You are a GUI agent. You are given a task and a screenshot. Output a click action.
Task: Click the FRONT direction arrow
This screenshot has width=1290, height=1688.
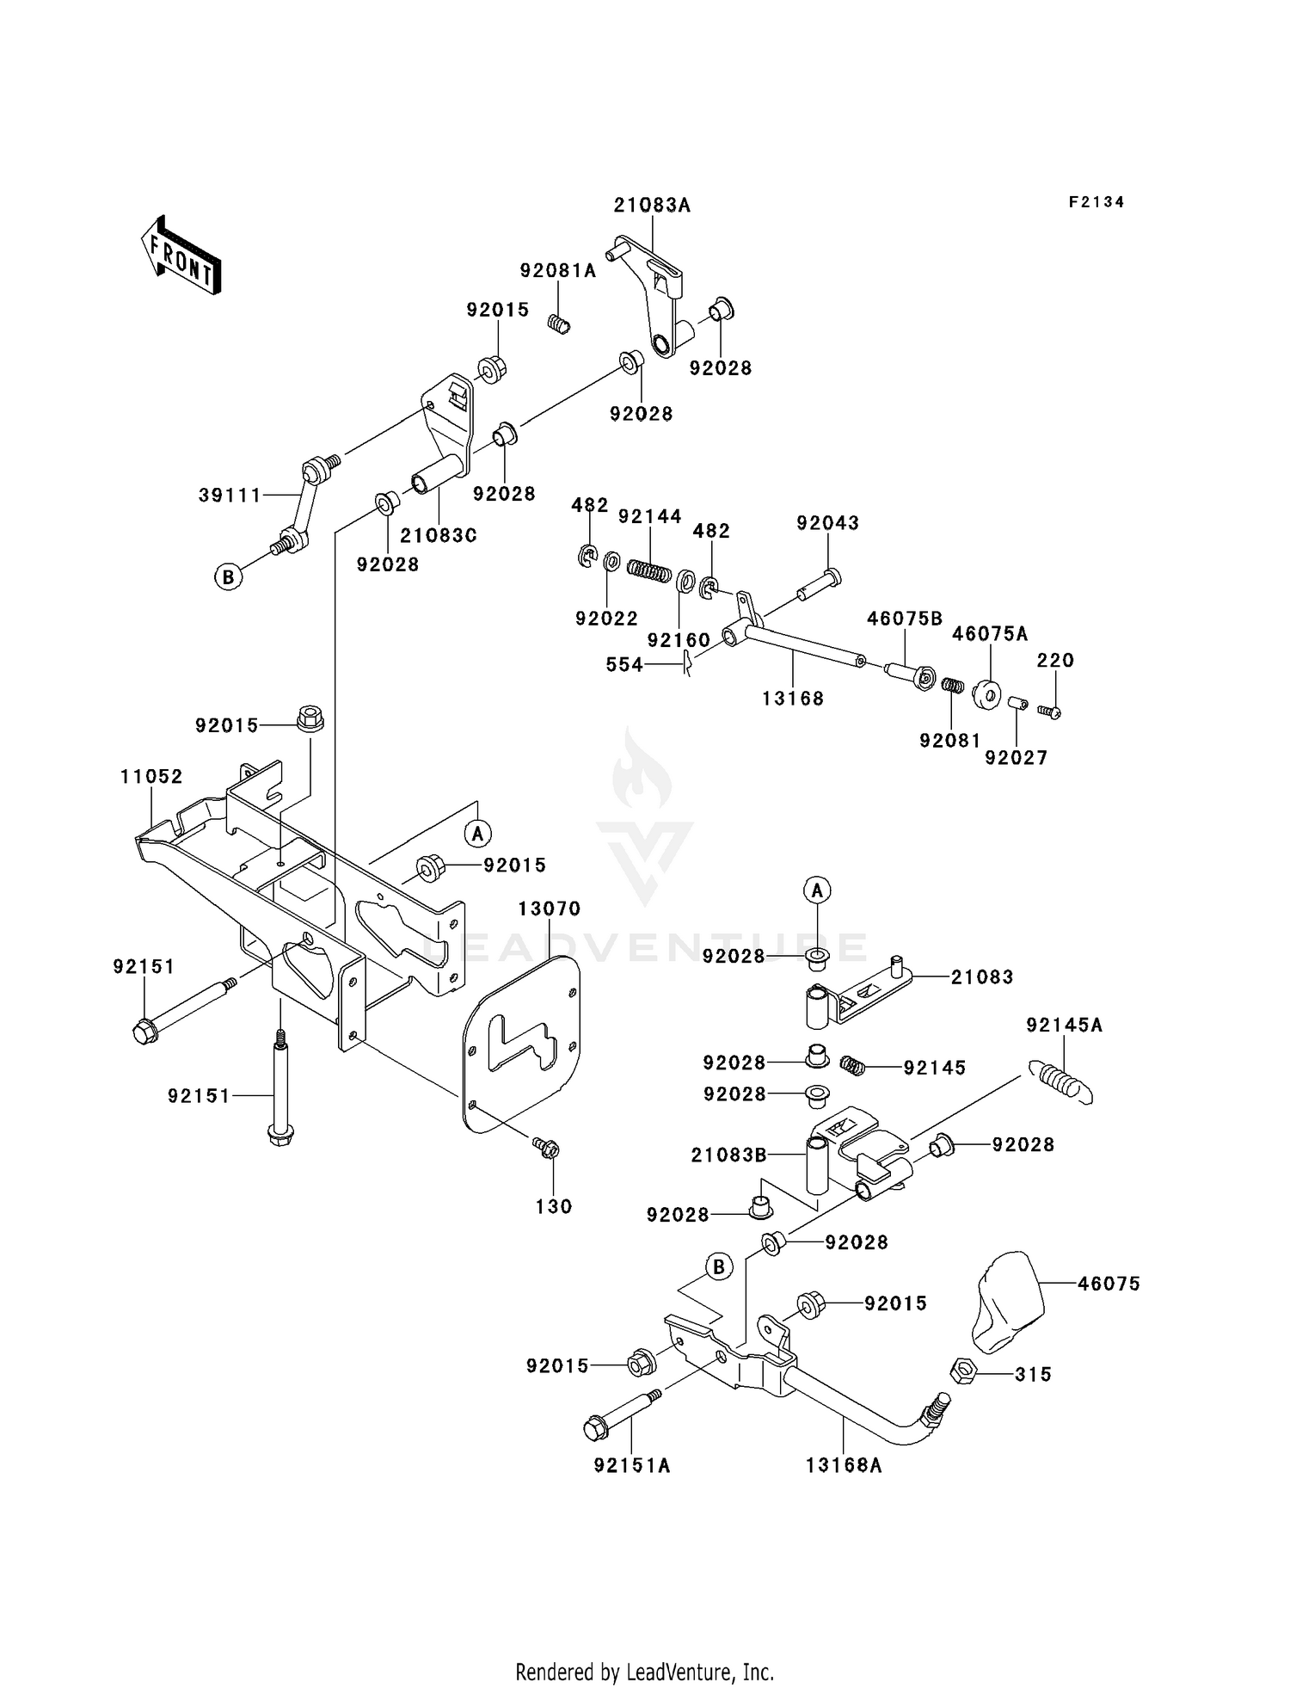(x=181, y=256)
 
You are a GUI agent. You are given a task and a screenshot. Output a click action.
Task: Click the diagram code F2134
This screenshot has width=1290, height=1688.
(x=1096, y=202)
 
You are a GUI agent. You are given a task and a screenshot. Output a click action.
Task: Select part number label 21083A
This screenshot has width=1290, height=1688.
(x=652, y=206)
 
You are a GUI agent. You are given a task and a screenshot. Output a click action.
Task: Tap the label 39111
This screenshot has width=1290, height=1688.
(x=230, y=496)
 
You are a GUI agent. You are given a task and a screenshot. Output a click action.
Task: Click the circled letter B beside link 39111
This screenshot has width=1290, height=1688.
(x=227, y=576)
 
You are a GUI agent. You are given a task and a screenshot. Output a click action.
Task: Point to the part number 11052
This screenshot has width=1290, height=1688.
(x=151, y=777)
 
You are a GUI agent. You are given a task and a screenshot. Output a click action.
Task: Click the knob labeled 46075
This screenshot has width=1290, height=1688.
(x=1008, y=1303)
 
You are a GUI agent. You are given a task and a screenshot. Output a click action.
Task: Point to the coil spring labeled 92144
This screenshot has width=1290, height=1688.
(x=648, y=570)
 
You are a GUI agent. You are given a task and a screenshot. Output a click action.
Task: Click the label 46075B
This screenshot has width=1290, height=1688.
(x=905, y=619)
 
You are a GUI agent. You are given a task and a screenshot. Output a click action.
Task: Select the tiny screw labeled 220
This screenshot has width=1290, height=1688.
(x=1048, y=712)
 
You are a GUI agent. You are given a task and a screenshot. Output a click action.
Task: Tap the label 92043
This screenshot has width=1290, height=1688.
(x=827, y=523)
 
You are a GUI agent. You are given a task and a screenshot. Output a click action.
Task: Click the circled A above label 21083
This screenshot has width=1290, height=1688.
(x=818, y=890)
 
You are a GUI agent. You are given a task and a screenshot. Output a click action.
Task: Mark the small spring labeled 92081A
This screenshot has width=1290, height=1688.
(x=560, y=325)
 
